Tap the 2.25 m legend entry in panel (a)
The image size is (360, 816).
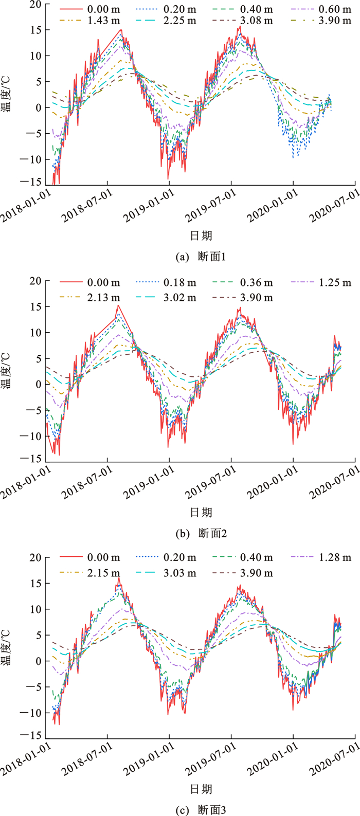(183, 21)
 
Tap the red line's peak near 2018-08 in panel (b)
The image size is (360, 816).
(118, 305)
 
